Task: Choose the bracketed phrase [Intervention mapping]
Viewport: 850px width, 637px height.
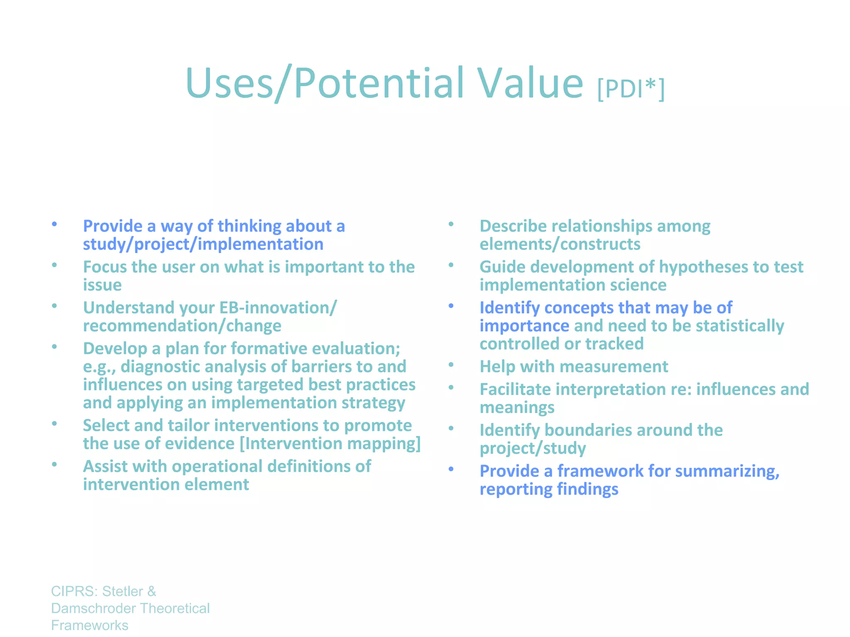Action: tap(330, 444)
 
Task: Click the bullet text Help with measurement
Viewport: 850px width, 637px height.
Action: tap(574, 367)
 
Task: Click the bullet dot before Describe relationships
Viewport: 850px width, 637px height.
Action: tap(451, 224)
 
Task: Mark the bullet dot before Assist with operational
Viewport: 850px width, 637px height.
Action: tap(54, 464)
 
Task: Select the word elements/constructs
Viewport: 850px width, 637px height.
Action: tap(560, 244)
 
